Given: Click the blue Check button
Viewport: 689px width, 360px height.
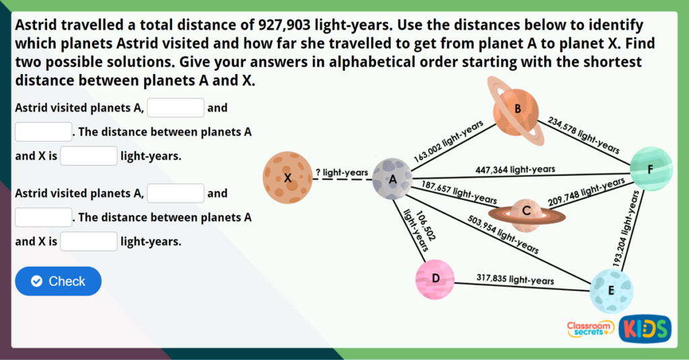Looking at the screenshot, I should pos(58,281).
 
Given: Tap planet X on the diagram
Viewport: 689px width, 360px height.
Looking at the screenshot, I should pos(287,178).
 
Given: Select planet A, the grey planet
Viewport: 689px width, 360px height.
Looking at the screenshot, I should pos(392,178).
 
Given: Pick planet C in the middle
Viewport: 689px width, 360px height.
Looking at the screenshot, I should pos(527,212).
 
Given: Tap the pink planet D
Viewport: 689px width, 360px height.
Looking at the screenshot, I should pos(435,279).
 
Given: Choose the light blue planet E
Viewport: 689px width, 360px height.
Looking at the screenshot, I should pos(611,290).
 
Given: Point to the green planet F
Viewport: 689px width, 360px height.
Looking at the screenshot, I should pos(651,168).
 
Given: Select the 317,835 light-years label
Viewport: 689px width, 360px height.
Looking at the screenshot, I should pos(515,279).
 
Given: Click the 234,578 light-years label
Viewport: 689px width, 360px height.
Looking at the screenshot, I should pos(583,135).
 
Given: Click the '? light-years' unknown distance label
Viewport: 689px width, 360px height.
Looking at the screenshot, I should pos(342,173).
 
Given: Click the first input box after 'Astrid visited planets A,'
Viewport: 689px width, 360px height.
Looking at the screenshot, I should pos(176,108).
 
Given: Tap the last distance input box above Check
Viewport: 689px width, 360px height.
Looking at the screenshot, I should pos(89,242).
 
